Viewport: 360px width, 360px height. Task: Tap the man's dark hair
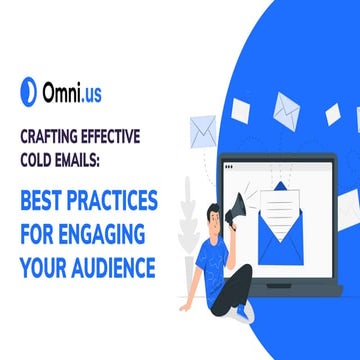pyautogui.click(x=216, y=210)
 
